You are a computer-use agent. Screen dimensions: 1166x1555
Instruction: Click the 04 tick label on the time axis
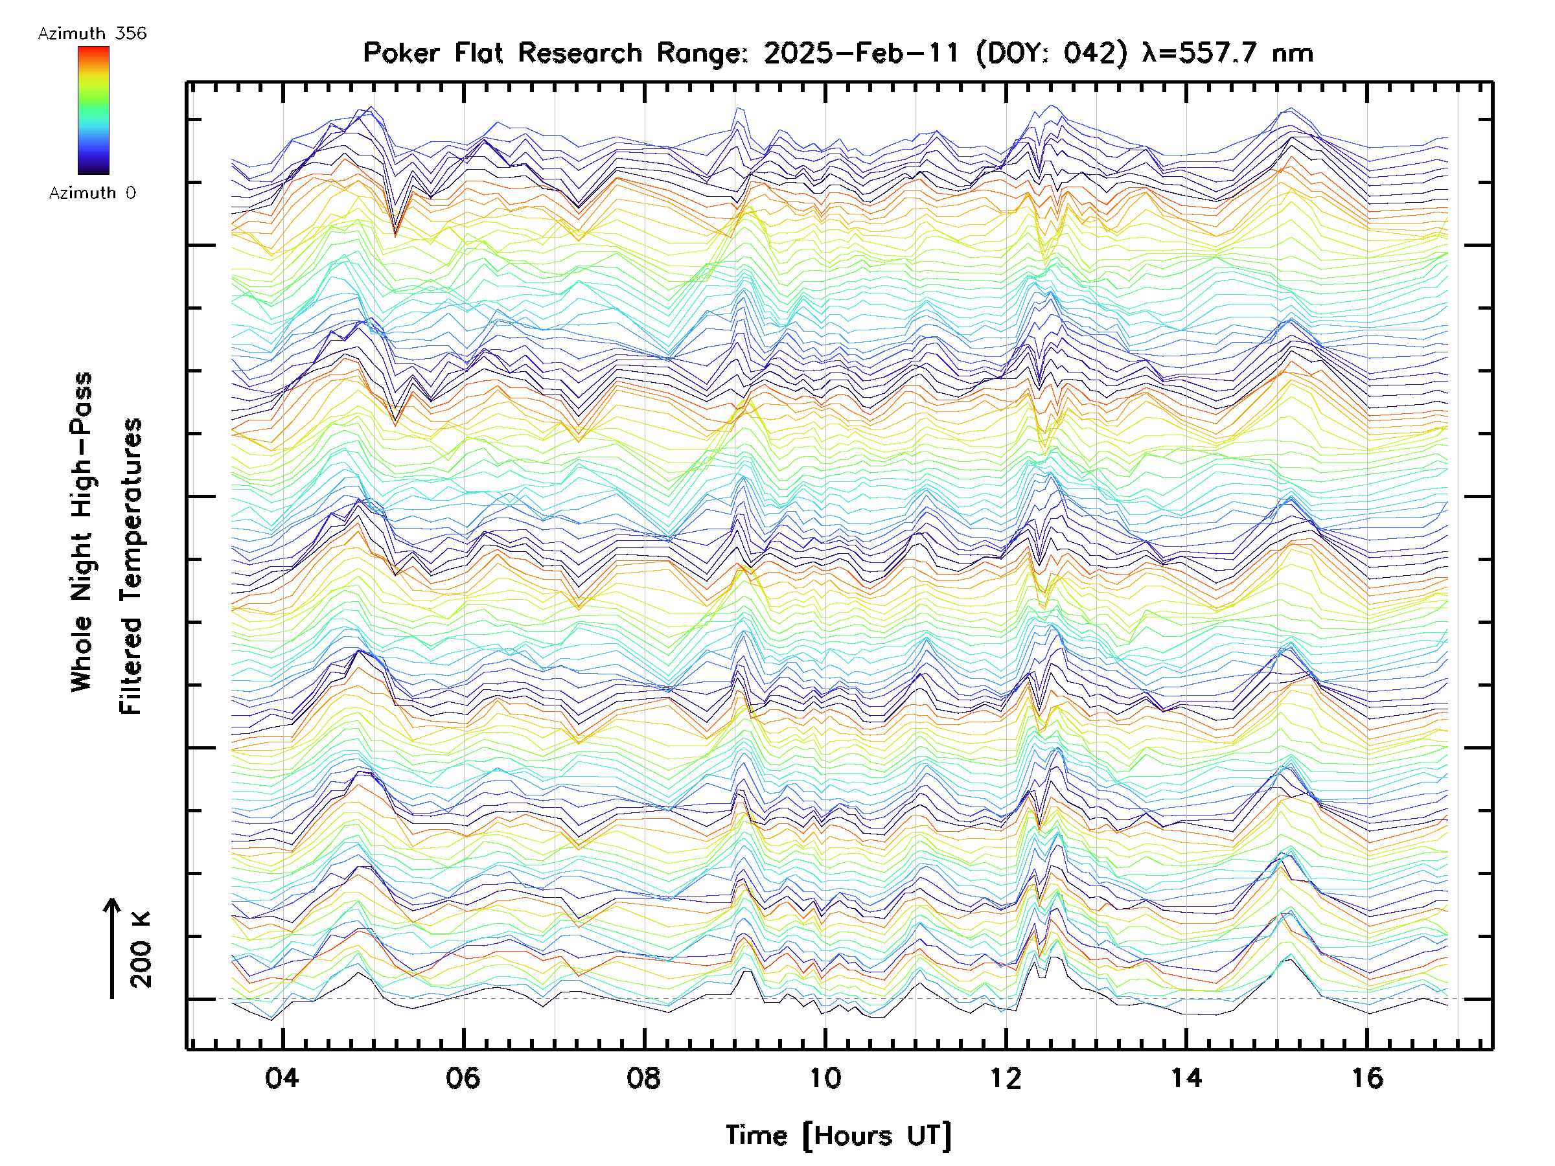[282, 1077]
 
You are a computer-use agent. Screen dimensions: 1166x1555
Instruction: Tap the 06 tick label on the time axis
[463, 1077]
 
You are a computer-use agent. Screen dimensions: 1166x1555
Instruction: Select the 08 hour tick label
[643, 1077]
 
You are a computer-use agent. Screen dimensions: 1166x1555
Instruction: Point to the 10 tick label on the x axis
[825, 1077]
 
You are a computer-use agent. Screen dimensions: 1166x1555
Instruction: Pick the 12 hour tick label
[1006, 1077]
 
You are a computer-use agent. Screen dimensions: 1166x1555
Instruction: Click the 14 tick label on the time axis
[1186, 1077]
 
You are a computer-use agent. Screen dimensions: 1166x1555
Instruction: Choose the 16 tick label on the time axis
[1366, 1077]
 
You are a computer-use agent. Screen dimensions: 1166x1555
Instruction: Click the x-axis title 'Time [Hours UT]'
[838, 1136]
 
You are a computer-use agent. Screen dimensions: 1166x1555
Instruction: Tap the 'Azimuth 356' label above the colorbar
[92, 34]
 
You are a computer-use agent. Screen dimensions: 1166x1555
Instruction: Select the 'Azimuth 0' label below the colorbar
[92, 192]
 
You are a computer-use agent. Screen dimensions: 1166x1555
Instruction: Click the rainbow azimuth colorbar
[93, 109]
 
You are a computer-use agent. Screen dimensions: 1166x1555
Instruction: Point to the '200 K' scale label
[141, 950]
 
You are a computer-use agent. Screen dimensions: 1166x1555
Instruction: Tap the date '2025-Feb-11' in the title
[861, 52]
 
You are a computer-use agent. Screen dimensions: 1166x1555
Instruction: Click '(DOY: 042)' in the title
[1051, 52]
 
